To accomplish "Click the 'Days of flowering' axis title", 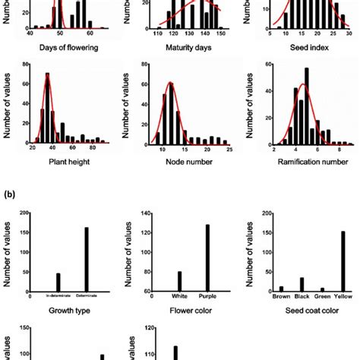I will [x=65, y=55].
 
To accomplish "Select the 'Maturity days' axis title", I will [x=185, y=55].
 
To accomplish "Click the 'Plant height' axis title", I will [x=65, y=168].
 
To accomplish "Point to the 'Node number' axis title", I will [x=185, y=168].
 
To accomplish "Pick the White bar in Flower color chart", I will [x=178, y=282].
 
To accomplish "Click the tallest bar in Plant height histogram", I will [x=47, y=108].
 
